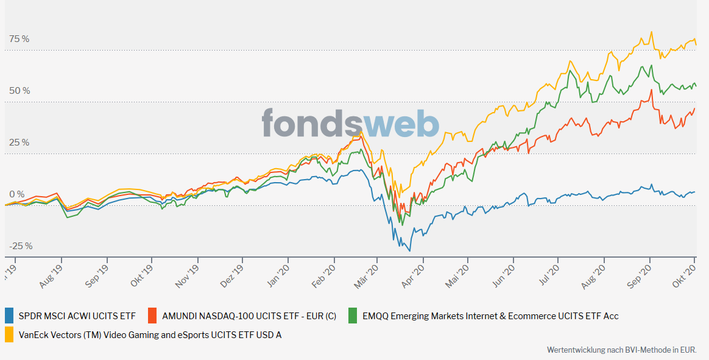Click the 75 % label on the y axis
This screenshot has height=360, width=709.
click(x=19, y=39)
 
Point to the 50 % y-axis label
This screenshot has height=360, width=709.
click(x=19, y=91)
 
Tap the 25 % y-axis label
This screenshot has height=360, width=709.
click(x=19, y=143)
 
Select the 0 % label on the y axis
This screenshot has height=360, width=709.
click(x=17, y=194)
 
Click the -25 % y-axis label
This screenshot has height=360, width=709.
click(x=21, y=246)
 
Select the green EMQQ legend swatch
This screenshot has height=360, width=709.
click(x=352, y=316)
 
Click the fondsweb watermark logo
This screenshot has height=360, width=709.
click(x=350, y=123)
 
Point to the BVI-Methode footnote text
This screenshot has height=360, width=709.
click(x=621, y=350)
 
